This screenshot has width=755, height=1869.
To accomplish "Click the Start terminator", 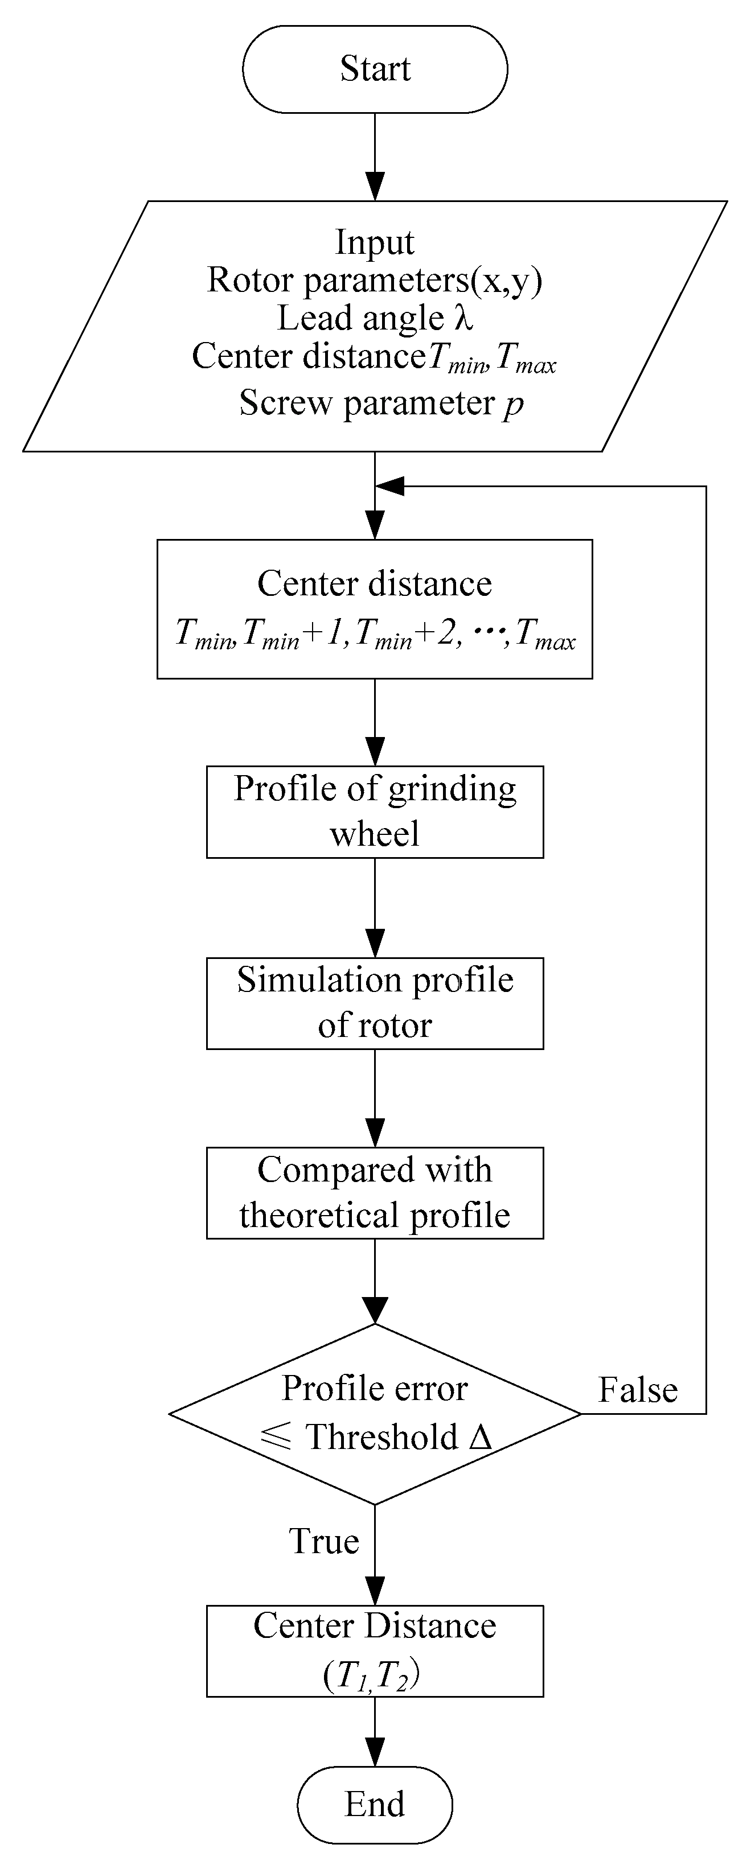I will pyautogui.click(x=375, y=69).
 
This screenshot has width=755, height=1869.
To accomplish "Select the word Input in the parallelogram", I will pyautogui.click(x=375, y=242).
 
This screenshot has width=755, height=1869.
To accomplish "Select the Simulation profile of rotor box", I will pyautogui.click(x=375, y=1003).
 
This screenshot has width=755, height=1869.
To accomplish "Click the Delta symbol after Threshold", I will pyautogui.click(x=481, y=1436).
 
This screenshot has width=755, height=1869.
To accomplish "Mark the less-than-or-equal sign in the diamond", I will pyautogui.click(x=276, y=1436).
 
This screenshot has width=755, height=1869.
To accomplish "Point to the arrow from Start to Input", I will pyautogui.click(x=375, y=156).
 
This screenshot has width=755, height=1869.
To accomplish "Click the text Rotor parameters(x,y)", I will pyautogui.click(x=375, y=280).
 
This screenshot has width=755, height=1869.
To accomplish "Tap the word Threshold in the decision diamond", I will pyautogui.click(x=382, y=1436).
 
